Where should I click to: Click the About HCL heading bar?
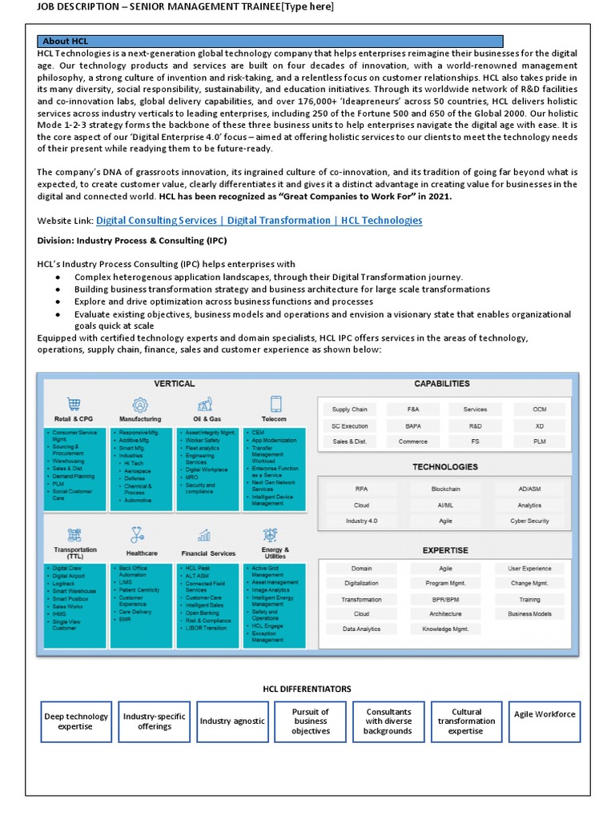pos(270,41)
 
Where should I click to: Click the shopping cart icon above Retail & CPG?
pos(74,404)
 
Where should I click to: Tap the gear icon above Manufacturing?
pos(140,404)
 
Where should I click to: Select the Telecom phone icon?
pos(275,404)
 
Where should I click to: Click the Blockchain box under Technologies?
pos(445,488)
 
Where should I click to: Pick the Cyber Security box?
pos(529,521)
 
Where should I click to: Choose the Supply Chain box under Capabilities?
pos(349,409)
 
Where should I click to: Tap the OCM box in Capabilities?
pos(540,409)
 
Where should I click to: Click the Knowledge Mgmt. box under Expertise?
pos(445,629)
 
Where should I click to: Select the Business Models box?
pos(529,613)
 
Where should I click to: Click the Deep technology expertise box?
pos(76,721)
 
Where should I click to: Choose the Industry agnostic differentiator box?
pos(232,721)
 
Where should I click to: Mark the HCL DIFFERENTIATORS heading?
pos(307,689)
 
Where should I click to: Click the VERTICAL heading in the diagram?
pos(174,384)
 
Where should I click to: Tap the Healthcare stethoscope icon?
pos(140,534)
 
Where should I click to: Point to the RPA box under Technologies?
pos(361,488)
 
